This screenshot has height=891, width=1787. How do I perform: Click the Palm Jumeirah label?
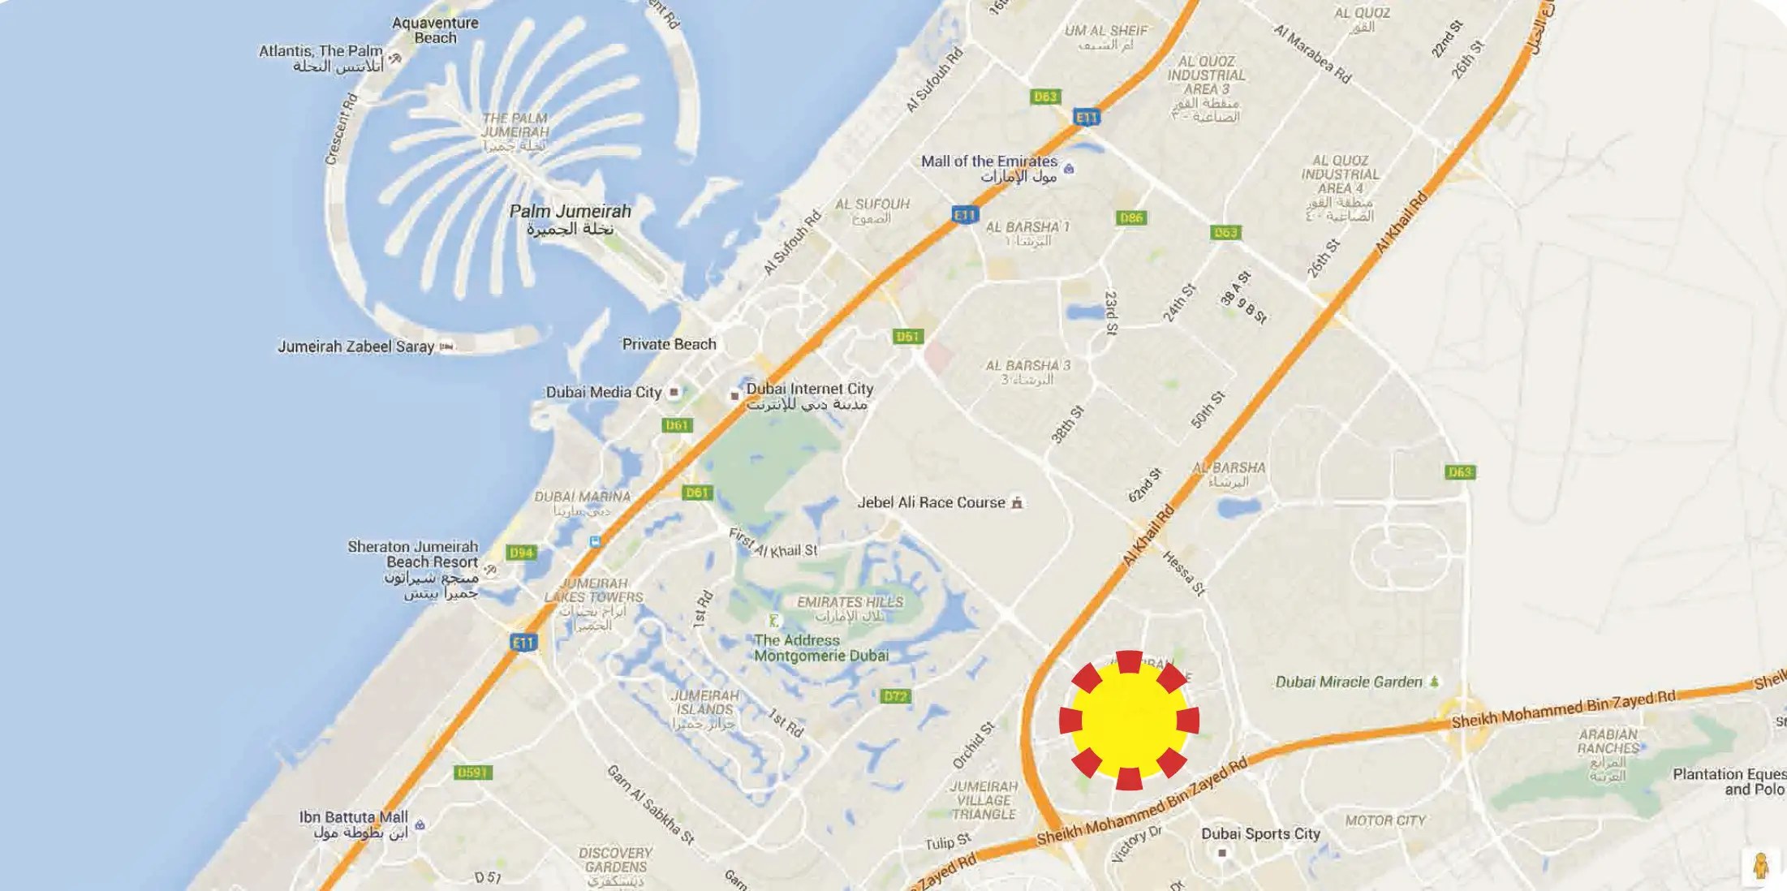pos(570,212)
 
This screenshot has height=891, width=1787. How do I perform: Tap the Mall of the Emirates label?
pos(988,161)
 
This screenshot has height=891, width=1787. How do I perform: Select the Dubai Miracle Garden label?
pos(1349,682)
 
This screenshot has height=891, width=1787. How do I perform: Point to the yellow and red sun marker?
pos(1129,720)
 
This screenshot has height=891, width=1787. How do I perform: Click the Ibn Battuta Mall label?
pos(353,817)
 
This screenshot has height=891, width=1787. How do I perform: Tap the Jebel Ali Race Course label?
pos(931,503)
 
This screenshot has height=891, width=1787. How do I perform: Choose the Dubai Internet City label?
pos(809,390)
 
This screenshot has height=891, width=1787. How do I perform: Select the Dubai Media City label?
pos(603,393)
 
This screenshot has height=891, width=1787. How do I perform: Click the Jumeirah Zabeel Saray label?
pos(355,346)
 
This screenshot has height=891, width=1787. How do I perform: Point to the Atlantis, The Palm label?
pos(321,51)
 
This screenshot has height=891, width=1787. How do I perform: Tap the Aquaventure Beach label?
pos(435,30)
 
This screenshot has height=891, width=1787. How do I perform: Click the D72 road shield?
pos(895,696)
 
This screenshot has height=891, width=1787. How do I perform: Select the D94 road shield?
pos(520,553)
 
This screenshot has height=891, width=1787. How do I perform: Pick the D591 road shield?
pos(472,773)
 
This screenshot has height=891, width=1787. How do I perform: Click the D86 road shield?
pos(1131,217)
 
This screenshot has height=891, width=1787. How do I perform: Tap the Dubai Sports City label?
pos(1260,834)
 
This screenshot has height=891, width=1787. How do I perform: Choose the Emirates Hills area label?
pos(850,602)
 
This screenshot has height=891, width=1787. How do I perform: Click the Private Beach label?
pos(669,344)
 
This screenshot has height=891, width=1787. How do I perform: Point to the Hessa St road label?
pos(1184,573)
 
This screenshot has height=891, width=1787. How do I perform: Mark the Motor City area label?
pos(1384,821)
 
